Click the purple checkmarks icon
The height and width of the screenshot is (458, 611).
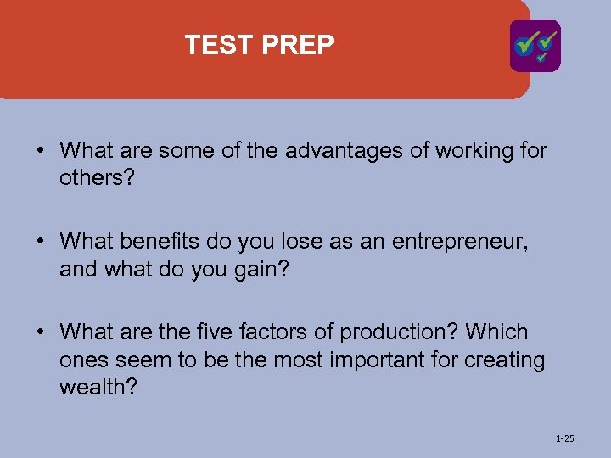(535, 46)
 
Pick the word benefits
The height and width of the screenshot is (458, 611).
(163, 242)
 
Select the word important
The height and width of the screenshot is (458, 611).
(383, 360)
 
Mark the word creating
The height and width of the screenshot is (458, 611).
(504, 360)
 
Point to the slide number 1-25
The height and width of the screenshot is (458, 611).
(564, 438)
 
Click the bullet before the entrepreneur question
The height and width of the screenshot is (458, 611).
(41, 243)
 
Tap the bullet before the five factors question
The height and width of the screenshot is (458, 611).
(41, 332)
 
